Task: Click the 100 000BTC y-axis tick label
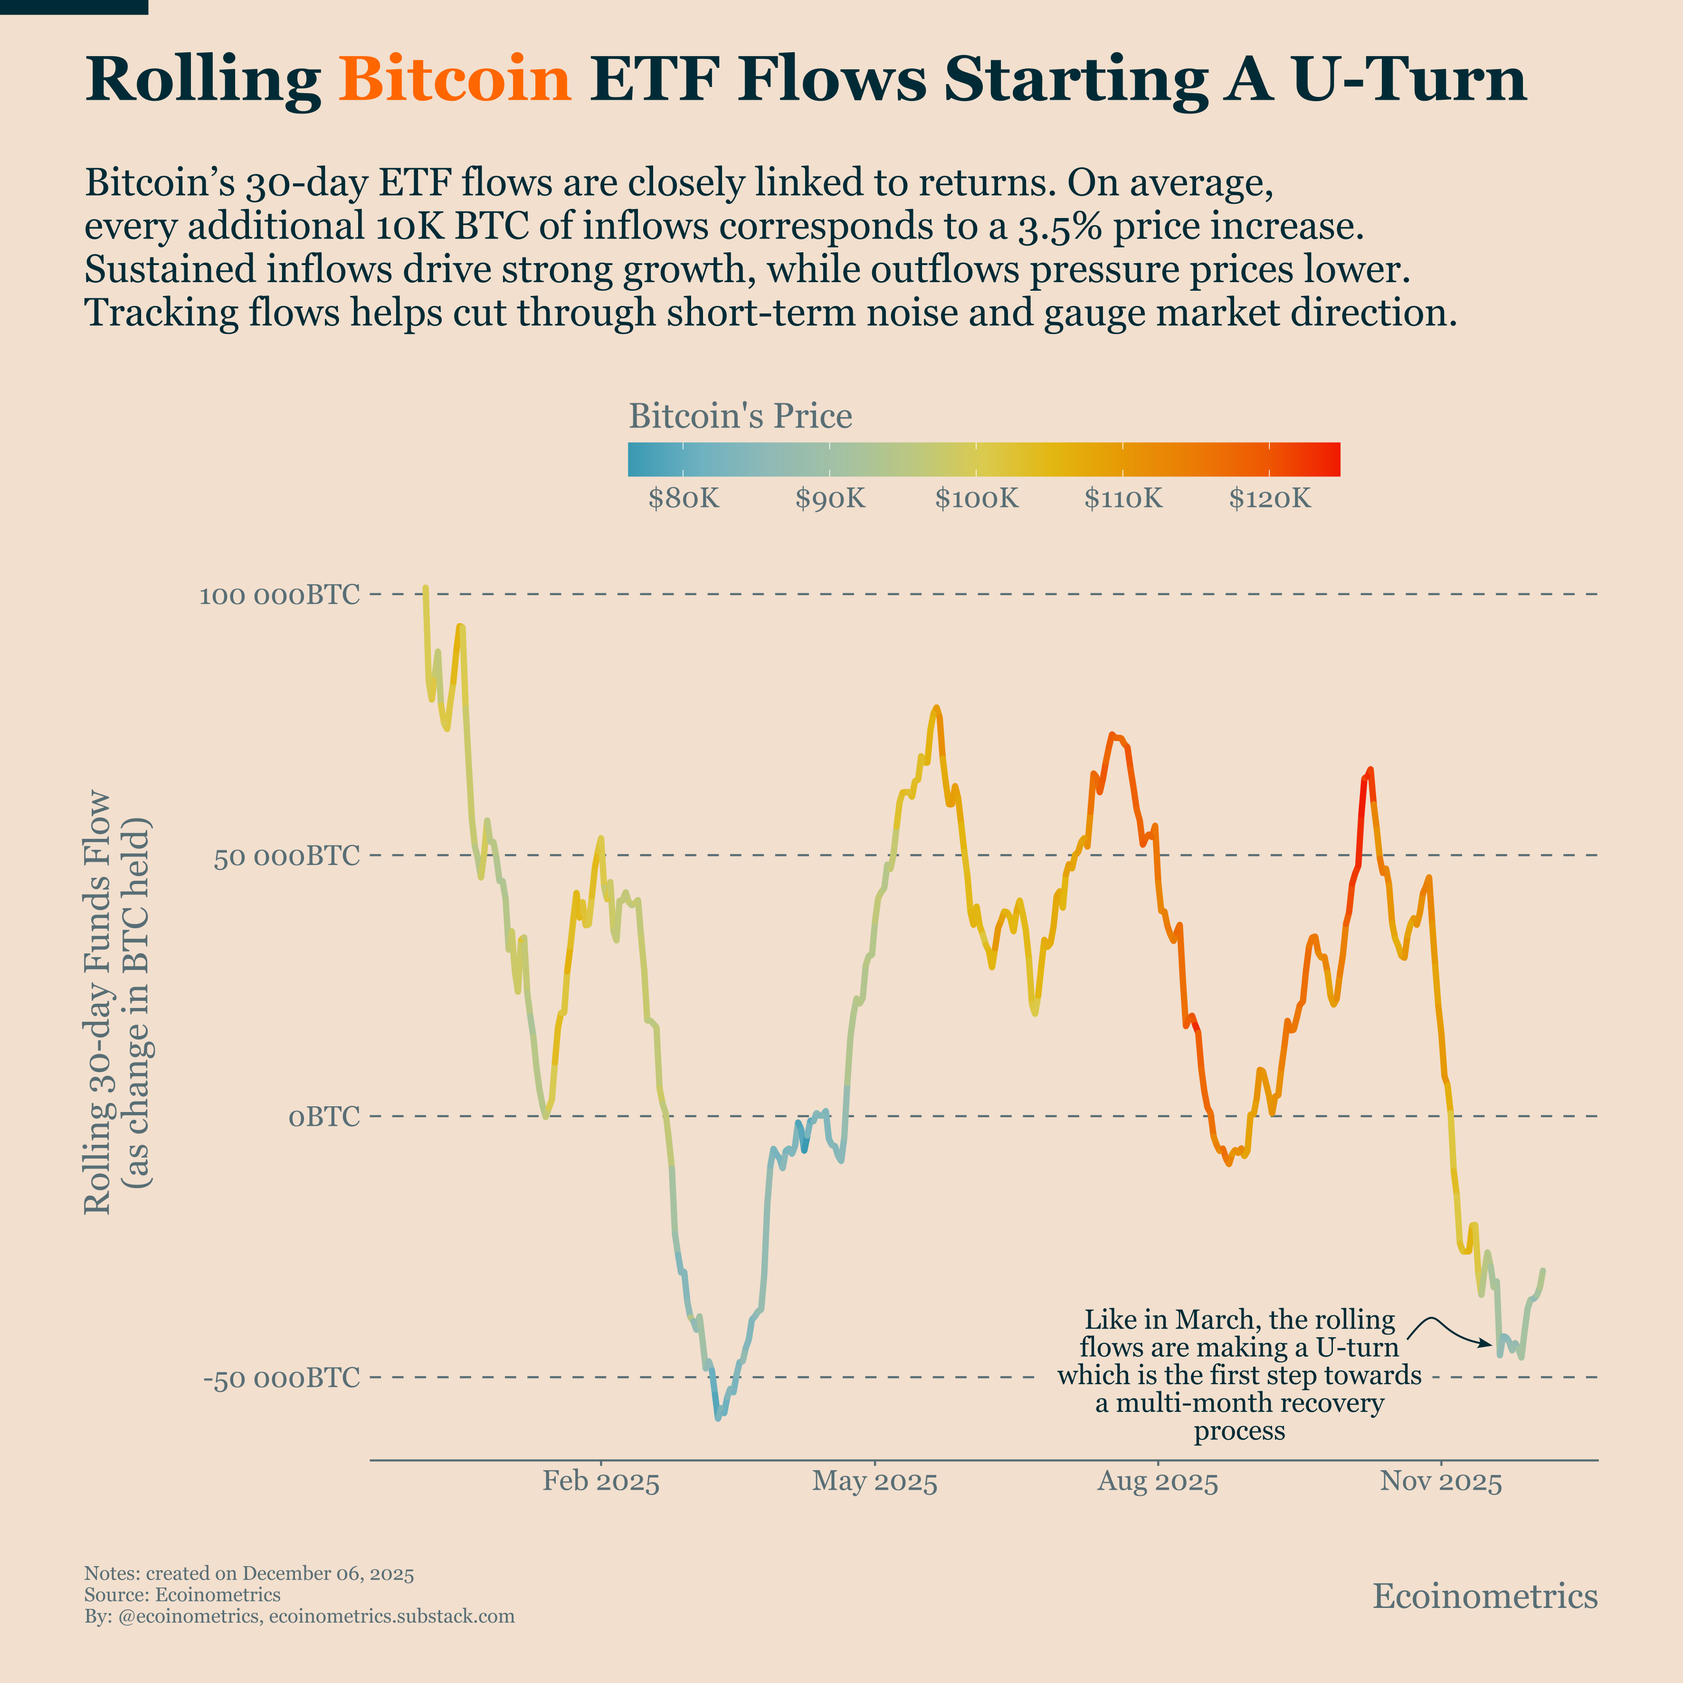pyautogui.click(x=279, y=596)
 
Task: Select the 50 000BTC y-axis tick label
pyautogui.click(x=286, y=856)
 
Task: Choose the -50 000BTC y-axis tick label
pyautogui.click(x=280, y=1377)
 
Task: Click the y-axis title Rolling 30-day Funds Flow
pyautogui.click(x=97, y=1002)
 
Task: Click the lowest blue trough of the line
pyautogui.click(x=718, y=1418)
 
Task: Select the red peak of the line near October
pyautogui.click(x=1369, y=770)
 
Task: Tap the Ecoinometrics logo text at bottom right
pyautogui.click(x=1484, y=1596)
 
